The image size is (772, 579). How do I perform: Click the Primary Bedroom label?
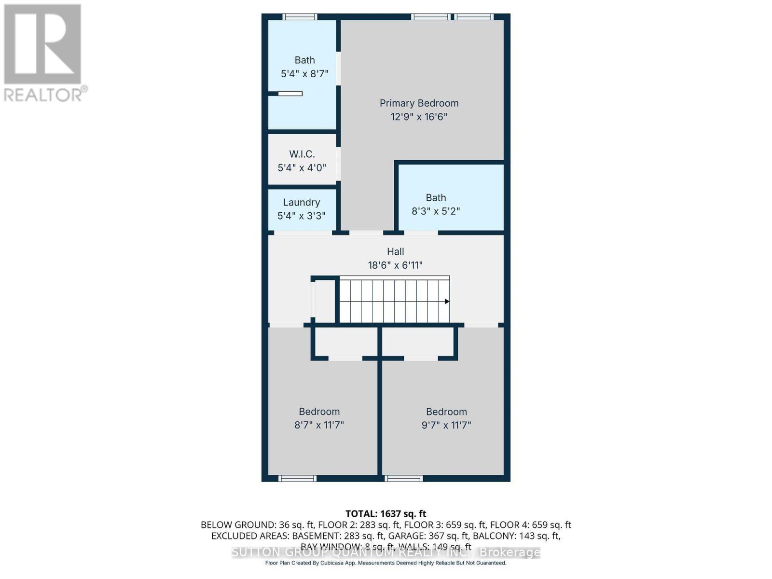(419, 103)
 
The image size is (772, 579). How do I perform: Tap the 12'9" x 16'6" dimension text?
(419, 117)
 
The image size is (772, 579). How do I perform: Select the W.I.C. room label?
(302, 154)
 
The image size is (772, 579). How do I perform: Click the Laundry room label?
(302, 203)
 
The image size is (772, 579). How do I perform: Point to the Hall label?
(395, 251)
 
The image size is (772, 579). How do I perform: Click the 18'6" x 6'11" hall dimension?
(395, 265)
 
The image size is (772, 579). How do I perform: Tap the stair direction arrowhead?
(447, 302)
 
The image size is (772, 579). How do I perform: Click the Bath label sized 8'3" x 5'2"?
(436, 198)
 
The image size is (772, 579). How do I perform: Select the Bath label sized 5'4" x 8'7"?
(304, 60)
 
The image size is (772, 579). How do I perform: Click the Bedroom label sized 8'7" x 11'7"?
(319, 412)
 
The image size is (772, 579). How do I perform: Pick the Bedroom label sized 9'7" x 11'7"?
(446, 412)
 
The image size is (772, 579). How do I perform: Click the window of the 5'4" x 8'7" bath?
(300, 17)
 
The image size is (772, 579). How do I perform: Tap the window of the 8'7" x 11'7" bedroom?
(297, 479)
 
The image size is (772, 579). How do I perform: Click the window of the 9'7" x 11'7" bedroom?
(404, 479)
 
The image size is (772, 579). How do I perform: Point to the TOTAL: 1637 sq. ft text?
(386, 514)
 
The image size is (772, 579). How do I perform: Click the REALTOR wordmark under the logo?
(43, 95)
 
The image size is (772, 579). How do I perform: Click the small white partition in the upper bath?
(290, 94)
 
